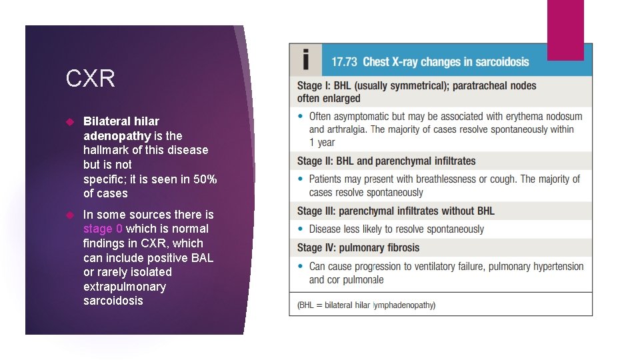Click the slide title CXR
click(x=90, y=79)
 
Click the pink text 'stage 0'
click(x=103, y=229)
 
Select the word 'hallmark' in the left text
click(x=107, y=150)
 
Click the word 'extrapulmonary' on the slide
click(x=124, y=287)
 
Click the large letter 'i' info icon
click(x=305, y=60)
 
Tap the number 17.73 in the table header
click(x=344, y=62)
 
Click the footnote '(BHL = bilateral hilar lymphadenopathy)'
click(x=366, y=305)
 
